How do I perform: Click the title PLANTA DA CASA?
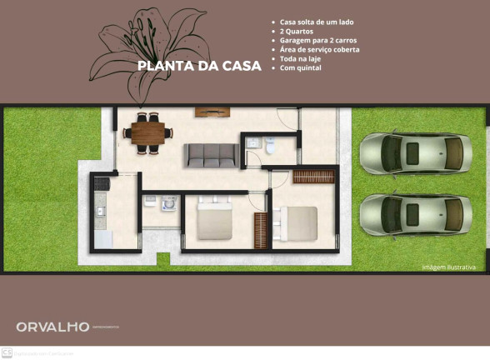click(199, 66)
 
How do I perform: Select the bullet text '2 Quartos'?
click(298, 31)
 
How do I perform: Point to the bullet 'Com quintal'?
click(301, 67)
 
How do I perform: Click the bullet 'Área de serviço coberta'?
click(320, 49)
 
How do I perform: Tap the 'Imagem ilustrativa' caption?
click(448, 267)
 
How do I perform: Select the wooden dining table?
click(148, 132)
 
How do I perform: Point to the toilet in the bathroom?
click(271, 146)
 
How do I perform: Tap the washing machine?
click(169, 203)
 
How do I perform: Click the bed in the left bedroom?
click(214, 222)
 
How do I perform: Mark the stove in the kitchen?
click(102, 182)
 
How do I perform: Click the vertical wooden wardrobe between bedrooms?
click(261, 229)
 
